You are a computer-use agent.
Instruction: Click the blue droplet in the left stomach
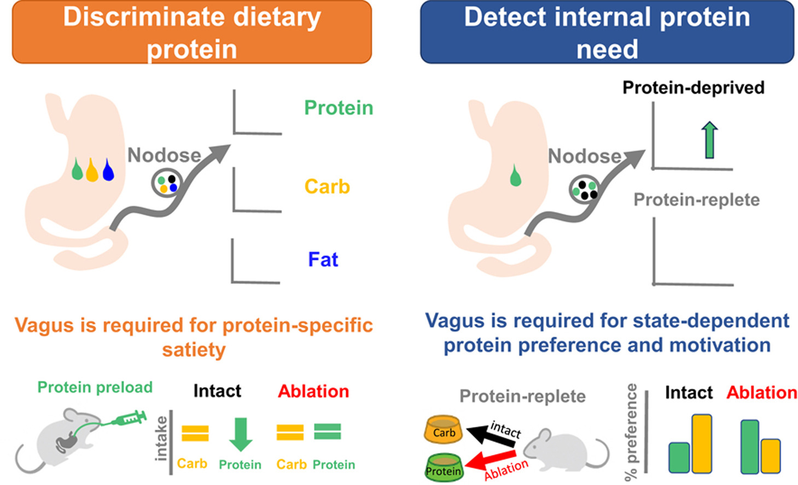coord(108,170)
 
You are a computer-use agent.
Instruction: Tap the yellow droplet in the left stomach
coord(92,170)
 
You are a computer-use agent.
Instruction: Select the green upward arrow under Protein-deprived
coord(709,140)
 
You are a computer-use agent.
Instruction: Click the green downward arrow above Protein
coord(241,434)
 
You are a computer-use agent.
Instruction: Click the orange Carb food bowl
coord(444,429)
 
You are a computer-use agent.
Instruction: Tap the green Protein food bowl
coord(444,467)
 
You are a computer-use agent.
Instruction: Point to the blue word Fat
coord(323,259)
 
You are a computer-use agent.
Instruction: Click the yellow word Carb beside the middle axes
coord(327,187)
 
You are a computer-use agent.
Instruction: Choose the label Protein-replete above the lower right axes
coord(696,200)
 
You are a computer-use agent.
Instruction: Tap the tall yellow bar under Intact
coord(702,443)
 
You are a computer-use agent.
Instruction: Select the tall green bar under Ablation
coord(749,447)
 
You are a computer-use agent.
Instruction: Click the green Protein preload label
coord(95,387)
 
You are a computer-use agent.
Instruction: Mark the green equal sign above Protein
coord(328,431)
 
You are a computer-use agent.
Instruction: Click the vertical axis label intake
coord(161,438)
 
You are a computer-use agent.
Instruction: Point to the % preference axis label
coord(631,432)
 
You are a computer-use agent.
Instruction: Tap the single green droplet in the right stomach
coord(515,175)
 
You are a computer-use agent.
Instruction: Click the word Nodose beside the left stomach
coord(164,155)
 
